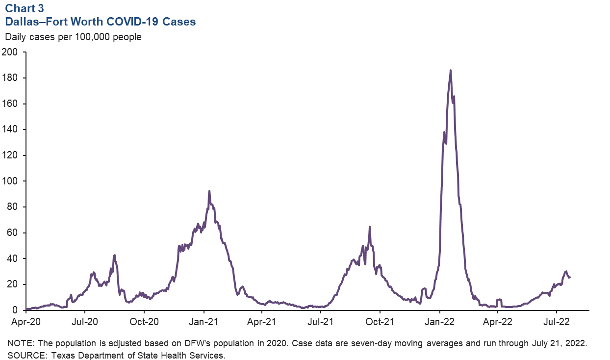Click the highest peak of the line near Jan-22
pyautogui.click(x=451, y=70)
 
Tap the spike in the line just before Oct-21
pyautogui.click(x=370, y=227)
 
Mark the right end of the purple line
pyautogui.click(x=569, y=277)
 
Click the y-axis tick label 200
pyautogui.click(x=9, y=52)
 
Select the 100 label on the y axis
pyautogui.click(x=9, y=181)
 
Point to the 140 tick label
pyautogui.click(x=9, y=129)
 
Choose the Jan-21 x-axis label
pyautogui.click(x=203, y=322)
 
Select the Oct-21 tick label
pyautogui.click(x=380, y=322)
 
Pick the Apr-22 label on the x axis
pyautogui.click(x=498, y=322)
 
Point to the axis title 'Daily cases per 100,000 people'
pyautogui.click(x=73, y=37)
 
